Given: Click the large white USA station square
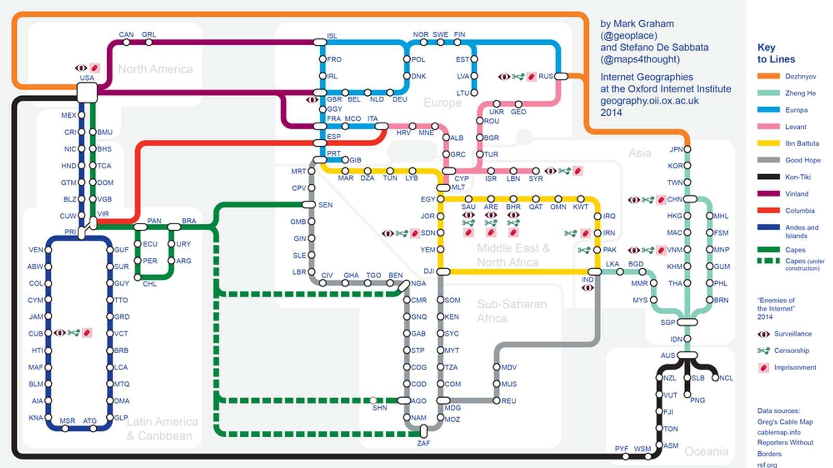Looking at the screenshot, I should click(x=87, y=93).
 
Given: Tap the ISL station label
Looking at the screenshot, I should click(x=332, y=36).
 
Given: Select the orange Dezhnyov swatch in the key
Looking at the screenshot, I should click(x=768, y=76).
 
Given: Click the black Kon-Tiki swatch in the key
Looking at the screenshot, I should click(x=768, y=177).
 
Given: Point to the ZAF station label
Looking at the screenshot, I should click(x=423, y=443).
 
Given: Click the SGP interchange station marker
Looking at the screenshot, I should click(x=687, y=322).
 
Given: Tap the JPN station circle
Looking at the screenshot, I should click(x=687, y=149).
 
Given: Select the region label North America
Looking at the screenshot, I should click(x=155, y=69).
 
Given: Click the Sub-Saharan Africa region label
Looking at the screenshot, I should click(x=512, y=311).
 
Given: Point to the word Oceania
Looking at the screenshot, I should click(x=706, y=451).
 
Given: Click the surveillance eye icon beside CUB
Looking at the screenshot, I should click(x=60, y=333).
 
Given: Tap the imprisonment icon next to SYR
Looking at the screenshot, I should click(x=577, y=171).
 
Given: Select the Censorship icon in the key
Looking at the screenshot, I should click(x=763, y=351).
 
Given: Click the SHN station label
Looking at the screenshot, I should click(x=380, y=408).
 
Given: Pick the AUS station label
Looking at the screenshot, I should click(x=667, y=356).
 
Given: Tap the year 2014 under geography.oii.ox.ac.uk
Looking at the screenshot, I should click(x=611, y=113).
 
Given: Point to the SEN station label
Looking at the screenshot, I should click(x=325, y=205).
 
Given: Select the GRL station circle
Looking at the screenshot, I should click(x=149, y=42).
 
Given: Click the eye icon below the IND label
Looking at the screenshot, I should click(x=588, y=288).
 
